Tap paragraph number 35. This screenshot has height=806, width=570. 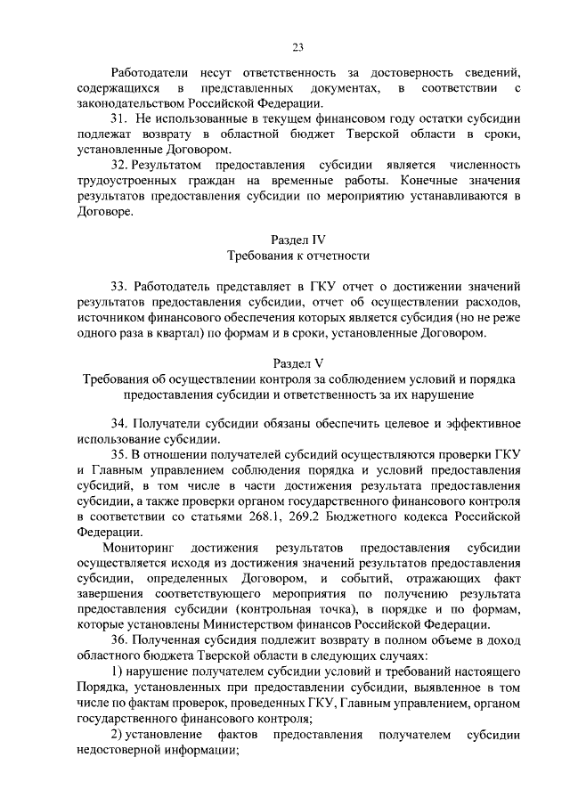point(118,454)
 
